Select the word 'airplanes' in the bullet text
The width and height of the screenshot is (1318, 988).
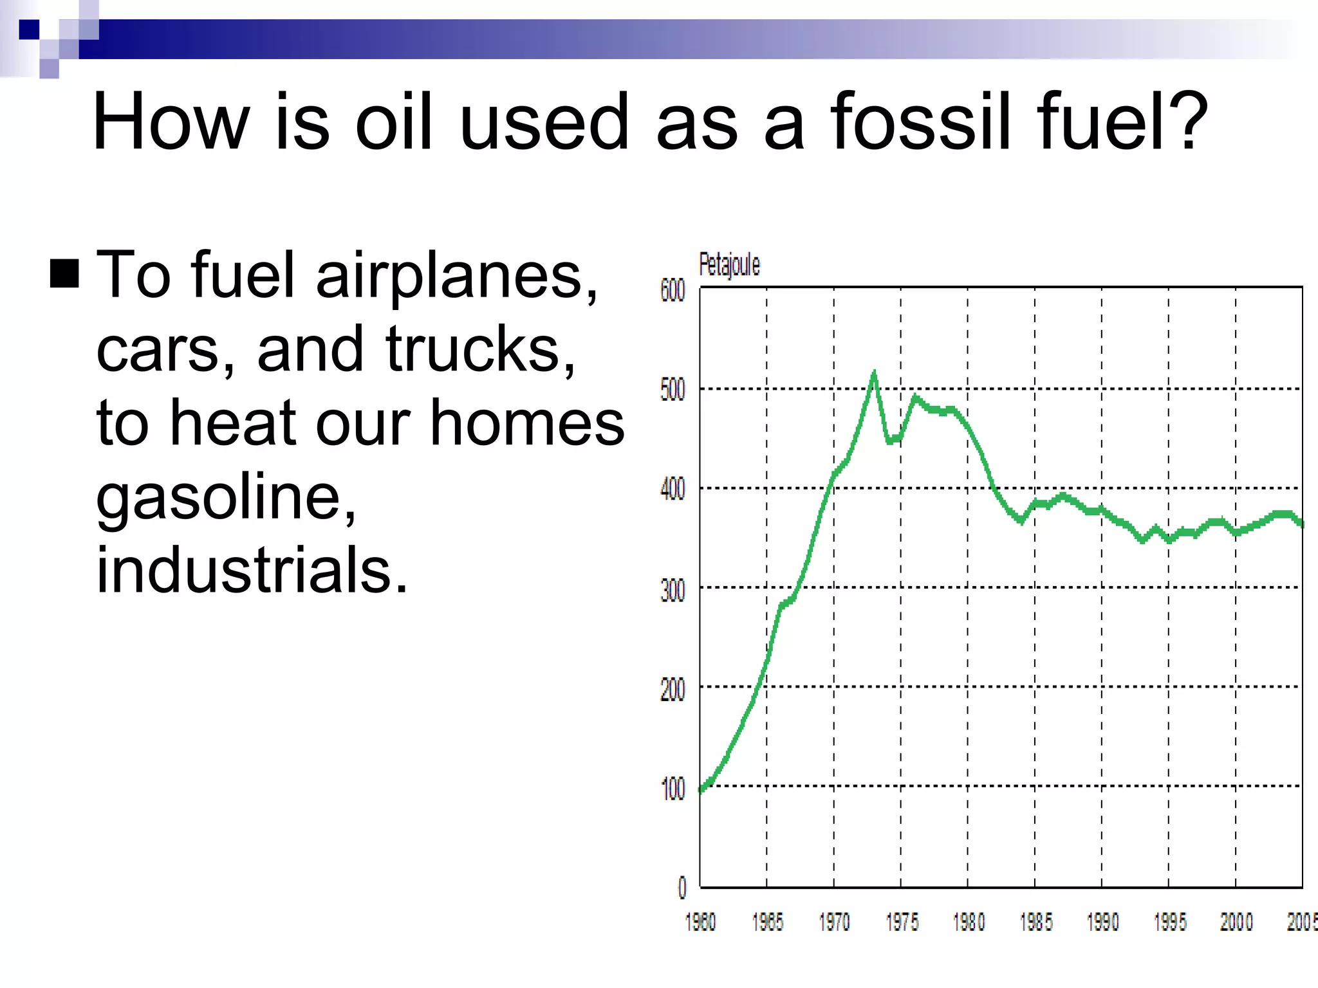(x=456, y=277)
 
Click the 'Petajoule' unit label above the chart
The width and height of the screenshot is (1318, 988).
(x=729, y=264)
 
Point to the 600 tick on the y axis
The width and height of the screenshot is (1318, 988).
(x=673, y=291)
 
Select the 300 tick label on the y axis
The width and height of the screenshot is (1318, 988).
(x=673, y=590)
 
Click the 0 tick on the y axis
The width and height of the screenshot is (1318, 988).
(x=682, y=888)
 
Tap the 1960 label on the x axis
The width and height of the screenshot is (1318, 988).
(x=700, y=922)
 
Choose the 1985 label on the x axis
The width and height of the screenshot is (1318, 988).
(x=1036, y=922)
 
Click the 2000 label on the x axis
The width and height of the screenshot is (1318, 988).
(x=1236, y=922)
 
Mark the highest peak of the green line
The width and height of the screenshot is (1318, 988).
(x=874, y=372)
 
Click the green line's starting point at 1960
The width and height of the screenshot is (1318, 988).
(x=701, y=790)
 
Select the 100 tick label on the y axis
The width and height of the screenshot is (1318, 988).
(x=673, y=789)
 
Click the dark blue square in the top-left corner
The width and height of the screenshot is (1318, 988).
(x=29, y=30)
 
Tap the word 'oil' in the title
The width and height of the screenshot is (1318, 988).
(x=394, y=122)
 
